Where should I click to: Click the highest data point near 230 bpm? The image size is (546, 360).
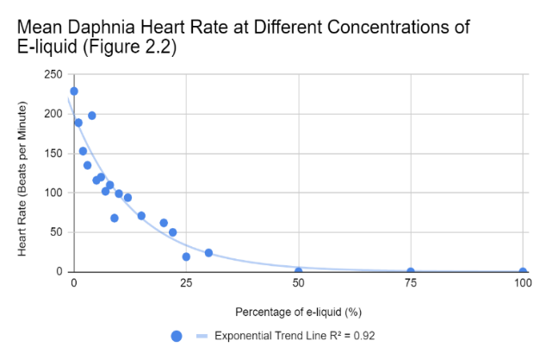(x=74, y=91)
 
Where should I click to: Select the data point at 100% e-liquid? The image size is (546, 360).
(x=523, y=272)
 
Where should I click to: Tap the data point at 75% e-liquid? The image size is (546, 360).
(x=411, y=272)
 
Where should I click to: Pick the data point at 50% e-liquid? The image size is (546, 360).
(x=299, y=271)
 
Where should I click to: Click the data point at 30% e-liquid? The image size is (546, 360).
(x=208, y=252)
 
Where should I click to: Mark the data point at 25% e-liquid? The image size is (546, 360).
(x=186, y=257)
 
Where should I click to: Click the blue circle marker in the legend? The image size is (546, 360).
(x=177, y=336)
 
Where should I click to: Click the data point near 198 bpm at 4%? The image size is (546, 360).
(x=92, y=115)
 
